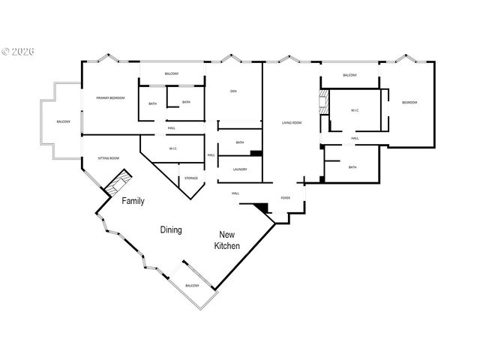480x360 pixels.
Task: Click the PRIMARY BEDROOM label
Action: (109, 98)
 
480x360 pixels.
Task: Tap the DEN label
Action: (233, 91)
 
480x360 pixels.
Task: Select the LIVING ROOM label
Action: (292, 122)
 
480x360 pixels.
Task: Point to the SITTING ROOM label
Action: (109, 158)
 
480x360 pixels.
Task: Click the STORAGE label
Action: (191, 178)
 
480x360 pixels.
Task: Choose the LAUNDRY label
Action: (240, 169)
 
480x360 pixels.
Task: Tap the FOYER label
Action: (286, 197)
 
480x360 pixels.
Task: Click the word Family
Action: (133, 201)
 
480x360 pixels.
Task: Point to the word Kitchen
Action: (227, 246)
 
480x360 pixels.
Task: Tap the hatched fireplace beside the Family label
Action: (118, 184)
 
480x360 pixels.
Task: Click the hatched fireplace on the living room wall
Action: (324, 103)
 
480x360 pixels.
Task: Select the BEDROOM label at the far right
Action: (409, 102)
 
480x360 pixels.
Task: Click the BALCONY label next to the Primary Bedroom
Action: (63, 122)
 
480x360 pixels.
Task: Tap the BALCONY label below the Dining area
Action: (192, 286)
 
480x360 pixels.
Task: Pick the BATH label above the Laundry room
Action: (240, 142)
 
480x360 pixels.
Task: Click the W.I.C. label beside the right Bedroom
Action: (355, 110)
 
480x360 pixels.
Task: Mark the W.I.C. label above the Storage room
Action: (172, 148)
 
